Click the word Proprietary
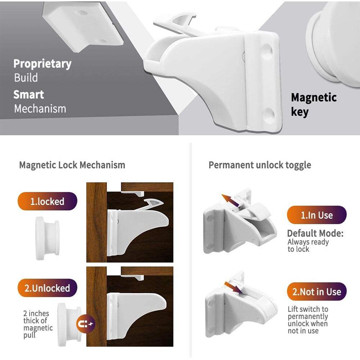click(42, 64)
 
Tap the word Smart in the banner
click(29, 95)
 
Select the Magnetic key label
click(314, 105)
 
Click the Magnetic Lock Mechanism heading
click(72, 165)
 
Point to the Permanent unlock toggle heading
click(260, 165)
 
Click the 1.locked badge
click(47, 201)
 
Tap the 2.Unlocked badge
click(47, 288)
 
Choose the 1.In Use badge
click(316, 215)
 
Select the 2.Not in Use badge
click(316, 292)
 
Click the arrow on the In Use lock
click(230, 201)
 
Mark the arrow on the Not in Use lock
click(233, 287)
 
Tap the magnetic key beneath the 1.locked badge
click(48, 238)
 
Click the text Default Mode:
click(315, 233)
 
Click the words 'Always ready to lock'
click(308, 246)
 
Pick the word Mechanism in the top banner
click(40, 109)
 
